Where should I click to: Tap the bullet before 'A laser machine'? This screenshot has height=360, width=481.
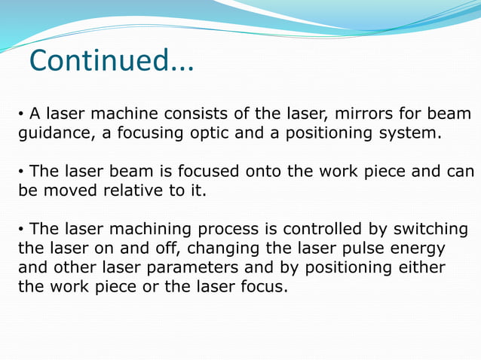pyautogui.click(x=22, y=115)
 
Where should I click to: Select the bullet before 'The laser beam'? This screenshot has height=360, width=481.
pyautogui.click(x=22, y=172)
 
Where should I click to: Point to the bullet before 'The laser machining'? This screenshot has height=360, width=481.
pyautogui.click(x=22, y=229)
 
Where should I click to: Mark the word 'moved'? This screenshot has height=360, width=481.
pyautogui.click(x=75, y=191)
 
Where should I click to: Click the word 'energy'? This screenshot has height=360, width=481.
pyautogui.click(x=415, y=249)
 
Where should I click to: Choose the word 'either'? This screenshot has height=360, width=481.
pyautogui.click(x=420, y=267)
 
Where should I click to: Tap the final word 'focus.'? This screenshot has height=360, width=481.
pyautogui.click(x=263, y=287)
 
